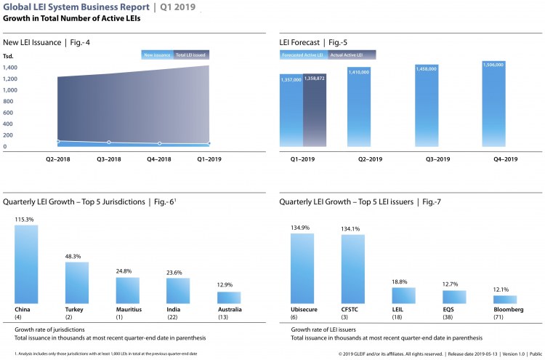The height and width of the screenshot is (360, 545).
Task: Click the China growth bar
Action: [26, 264]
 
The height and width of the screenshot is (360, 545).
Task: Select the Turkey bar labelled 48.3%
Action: [76, 283]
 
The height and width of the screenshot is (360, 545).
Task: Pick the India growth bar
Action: [178, 291]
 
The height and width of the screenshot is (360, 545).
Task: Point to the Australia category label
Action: [230, 309]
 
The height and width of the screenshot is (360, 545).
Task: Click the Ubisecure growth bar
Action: [302, 268]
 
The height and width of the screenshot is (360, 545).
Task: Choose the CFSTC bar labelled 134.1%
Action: [353, 269]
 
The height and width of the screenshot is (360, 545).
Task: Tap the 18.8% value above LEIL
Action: [403, 281]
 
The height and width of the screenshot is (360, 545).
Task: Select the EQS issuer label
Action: [454, 309]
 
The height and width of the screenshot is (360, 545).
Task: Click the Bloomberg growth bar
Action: [505, 299]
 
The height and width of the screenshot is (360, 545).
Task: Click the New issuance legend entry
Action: [158, 55]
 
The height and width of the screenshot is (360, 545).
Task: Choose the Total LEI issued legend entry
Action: [190, 55]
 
